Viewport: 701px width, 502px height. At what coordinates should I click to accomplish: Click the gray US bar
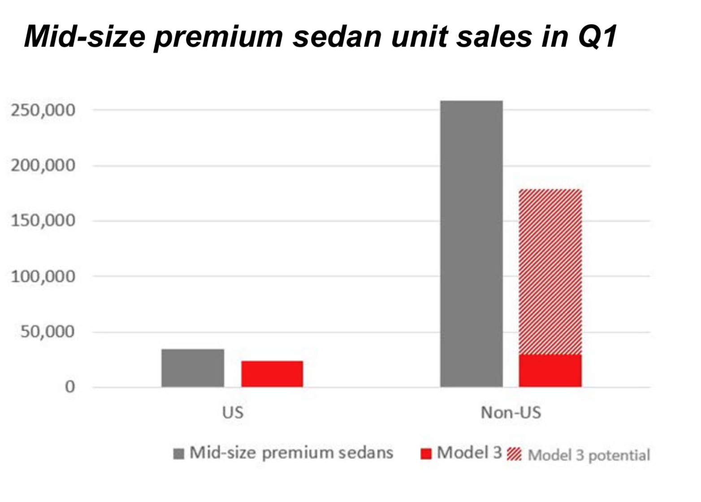click(193, 368)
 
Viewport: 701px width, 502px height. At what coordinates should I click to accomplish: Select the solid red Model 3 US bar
click(272, 374)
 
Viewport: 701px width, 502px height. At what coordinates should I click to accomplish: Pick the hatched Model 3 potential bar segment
click(550, 272)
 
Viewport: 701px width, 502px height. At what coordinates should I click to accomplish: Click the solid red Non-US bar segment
click(550, 371)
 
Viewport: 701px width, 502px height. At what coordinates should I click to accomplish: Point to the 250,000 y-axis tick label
click(43, 110)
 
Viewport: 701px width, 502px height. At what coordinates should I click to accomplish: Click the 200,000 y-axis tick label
click(43, 166)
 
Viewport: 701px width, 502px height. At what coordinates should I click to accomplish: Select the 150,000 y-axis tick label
click(43, 221)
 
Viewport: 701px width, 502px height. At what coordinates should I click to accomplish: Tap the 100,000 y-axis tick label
click(43, 277)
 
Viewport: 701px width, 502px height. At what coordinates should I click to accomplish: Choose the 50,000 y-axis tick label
click(48, 332)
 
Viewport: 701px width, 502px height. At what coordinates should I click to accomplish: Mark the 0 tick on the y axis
click(69, 387)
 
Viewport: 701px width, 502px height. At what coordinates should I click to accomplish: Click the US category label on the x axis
click(233, 412)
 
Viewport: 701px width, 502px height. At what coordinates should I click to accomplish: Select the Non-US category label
click(511, 412)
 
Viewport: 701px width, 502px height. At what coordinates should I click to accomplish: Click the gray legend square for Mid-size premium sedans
click(178, 454)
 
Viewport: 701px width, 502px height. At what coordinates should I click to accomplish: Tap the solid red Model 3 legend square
click(426, 454)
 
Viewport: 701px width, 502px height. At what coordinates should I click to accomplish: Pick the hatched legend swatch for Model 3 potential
click(515, 454)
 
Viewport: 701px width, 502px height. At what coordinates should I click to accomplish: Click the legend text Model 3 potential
click(589, 455)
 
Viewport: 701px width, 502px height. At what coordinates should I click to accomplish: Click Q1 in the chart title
click(597, 36)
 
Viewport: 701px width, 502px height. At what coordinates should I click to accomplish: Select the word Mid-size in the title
click(85, 36)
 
